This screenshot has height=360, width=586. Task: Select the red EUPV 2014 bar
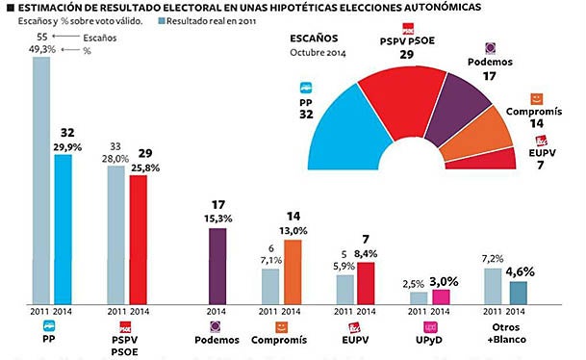tap(365, 283)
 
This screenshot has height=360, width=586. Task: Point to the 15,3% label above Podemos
tap(217, 219)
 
